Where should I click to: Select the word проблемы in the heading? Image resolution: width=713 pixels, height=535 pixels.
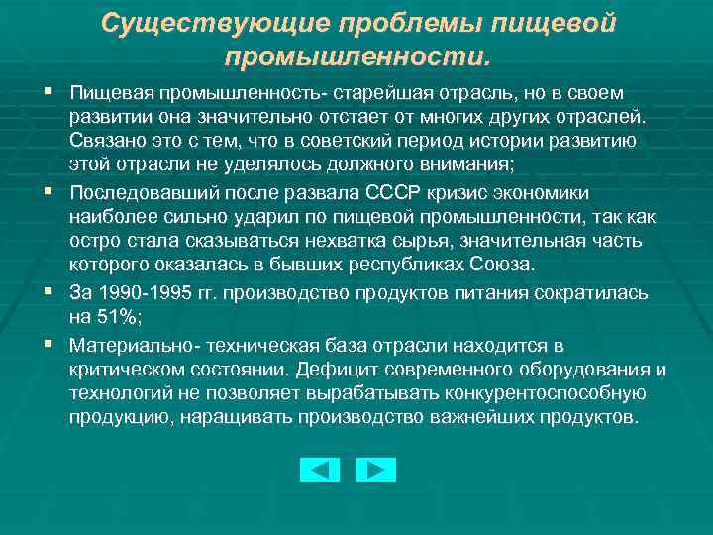click(397, 23)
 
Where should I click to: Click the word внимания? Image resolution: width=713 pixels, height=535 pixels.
click(471, 163)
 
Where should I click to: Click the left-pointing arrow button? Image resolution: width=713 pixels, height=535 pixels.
click(319, 469)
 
